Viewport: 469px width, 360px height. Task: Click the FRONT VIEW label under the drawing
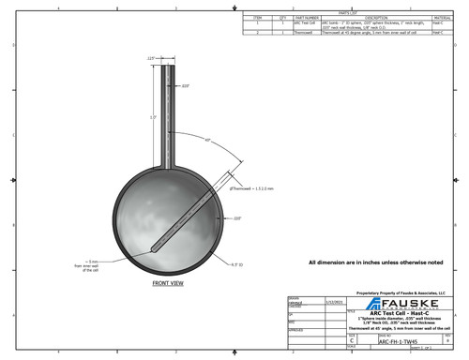click(168, 281)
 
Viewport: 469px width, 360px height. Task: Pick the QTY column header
click(279, 18)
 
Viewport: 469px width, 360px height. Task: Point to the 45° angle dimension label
click(206, 139)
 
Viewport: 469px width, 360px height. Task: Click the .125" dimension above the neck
click(150, 58)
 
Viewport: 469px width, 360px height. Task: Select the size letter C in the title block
click(352, 342)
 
